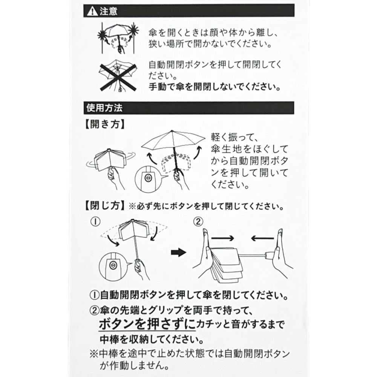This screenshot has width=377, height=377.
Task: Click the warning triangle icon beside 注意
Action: pyautogui.click(x=92, y=11)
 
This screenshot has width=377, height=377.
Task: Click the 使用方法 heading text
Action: pyautogui.click(x=104, y=108)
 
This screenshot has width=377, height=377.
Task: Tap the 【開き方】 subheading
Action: pyautogui.click(x=104, y=124)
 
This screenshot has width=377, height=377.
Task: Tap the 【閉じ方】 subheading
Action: pyautogui.click(x=104, y=206)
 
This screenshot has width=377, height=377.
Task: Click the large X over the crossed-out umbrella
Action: pyautogui.click(x=118, y=77)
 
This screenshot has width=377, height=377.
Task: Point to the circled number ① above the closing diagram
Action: pyautogui.click(x=95, y=221)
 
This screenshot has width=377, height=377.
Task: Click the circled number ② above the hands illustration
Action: pyautogui.click(x=198, y=221)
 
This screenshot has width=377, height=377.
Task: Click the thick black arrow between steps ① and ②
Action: pyautogui.click(x=179, y=253)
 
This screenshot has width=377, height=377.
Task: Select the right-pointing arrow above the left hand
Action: pyautogui.click(x=222, y=238)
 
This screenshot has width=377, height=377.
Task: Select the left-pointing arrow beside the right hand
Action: pyautogui.click(x=262, y=238)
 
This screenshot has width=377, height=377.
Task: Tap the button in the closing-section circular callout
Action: pyautogui.click(x=112, y=265)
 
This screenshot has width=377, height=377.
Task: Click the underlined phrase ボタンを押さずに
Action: pyautogui.click(x=147, y=324)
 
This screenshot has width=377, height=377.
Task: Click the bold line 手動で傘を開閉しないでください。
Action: pyautogui.click(x=215, y=87)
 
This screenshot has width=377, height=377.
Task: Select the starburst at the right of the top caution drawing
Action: pyautogui.click(x=134, y=30)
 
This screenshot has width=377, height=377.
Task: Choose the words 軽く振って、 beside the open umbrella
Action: pyautogui.click(x=234, y=138)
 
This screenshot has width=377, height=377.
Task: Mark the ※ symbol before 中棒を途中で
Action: pyautogui.click(x=94, y=354)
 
